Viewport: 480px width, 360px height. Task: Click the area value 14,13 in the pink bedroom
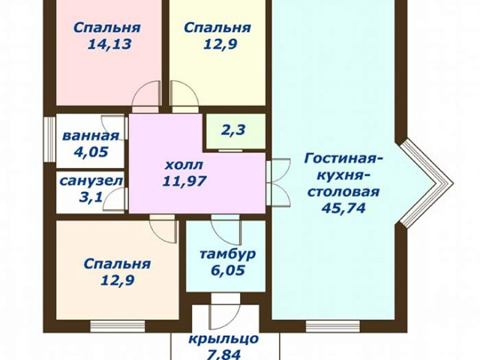pos(109,44)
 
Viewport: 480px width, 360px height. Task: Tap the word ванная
pos(90,136)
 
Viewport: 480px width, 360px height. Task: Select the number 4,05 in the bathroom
pos(91,151)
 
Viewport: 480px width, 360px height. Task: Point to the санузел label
pos(91,181)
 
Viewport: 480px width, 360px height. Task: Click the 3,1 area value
pos(91,197)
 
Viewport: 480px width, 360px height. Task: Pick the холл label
pos(184,165)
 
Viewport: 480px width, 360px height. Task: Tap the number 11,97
pos(184,181)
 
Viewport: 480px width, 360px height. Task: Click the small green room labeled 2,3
pos(235,132)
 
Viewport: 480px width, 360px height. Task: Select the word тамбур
pos(227,253)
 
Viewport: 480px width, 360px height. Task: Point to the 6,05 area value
pos(228,270)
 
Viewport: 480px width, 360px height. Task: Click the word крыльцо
pos(223,339)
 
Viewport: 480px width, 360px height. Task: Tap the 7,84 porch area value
pos(223,355)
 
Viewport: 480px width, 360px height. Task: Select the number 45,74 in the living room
pos(343,208)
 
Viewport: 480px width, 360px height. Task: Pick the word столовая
pos(343,192)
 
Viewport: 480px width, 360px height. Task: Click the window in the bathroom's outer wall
pos(49,139)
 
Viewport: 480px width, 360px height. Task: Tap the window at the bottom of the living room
pos(333,326)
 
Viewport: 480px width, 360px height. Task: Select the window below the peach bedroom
pos(118,326)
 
